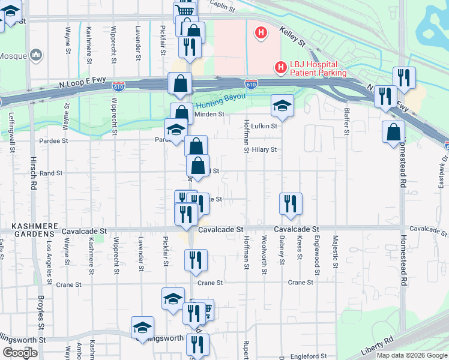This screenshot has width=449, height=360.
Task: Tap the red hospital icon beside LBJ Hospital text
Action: click(x=280, y=68)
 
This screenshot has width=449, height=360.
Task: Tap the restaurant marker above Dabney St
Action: click(x=291, y=203)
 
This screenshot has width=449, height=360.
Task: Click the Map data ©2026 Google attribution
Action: click(x=412, y=355)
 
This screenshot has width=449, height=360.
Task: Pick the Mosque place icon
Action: click(x=36, y=55)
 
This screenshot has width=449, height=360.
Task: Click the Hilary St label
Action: click(x=264, y=149)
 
